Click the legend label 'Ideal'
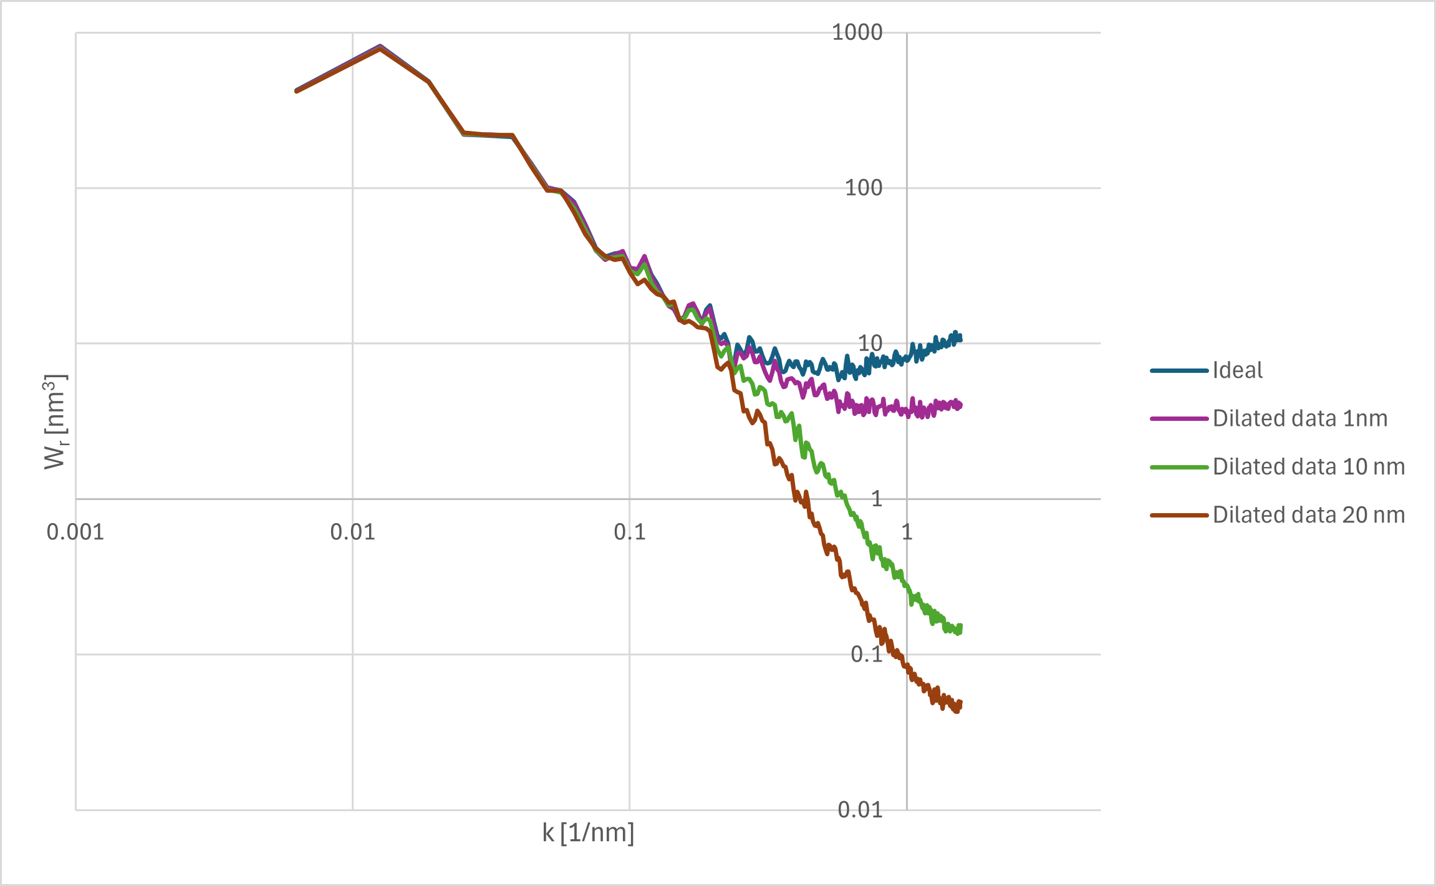[1237, 370]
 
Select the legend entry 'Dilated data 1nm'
[1299, 418]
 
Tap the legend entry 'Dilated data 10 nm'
[1308, 466]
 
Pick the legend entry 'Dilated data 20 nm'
[1308, 515]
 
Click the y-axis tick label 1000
[857, 32]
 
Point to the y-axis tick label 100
[863, 188]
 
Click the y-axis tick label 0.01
[860, 810]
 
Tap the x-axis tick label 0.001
[75, 532]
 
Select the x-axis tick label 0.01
[352, 532]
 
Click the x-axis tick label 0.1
[630, 532]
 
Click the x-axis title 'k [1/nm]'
[588, 833]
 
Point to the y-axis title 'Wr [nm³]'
[55, 421]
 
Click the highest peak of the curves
[380, 47]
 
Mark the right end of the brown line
[960, 705]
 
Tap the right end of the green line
[960, 627]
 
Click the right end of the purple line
[960, 405]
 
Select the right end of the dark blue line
[960, 338]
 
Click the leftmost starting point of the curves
[296, 91]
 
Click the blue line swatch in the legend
[1178, 371]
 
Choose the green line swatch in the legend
[1178, 467]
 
